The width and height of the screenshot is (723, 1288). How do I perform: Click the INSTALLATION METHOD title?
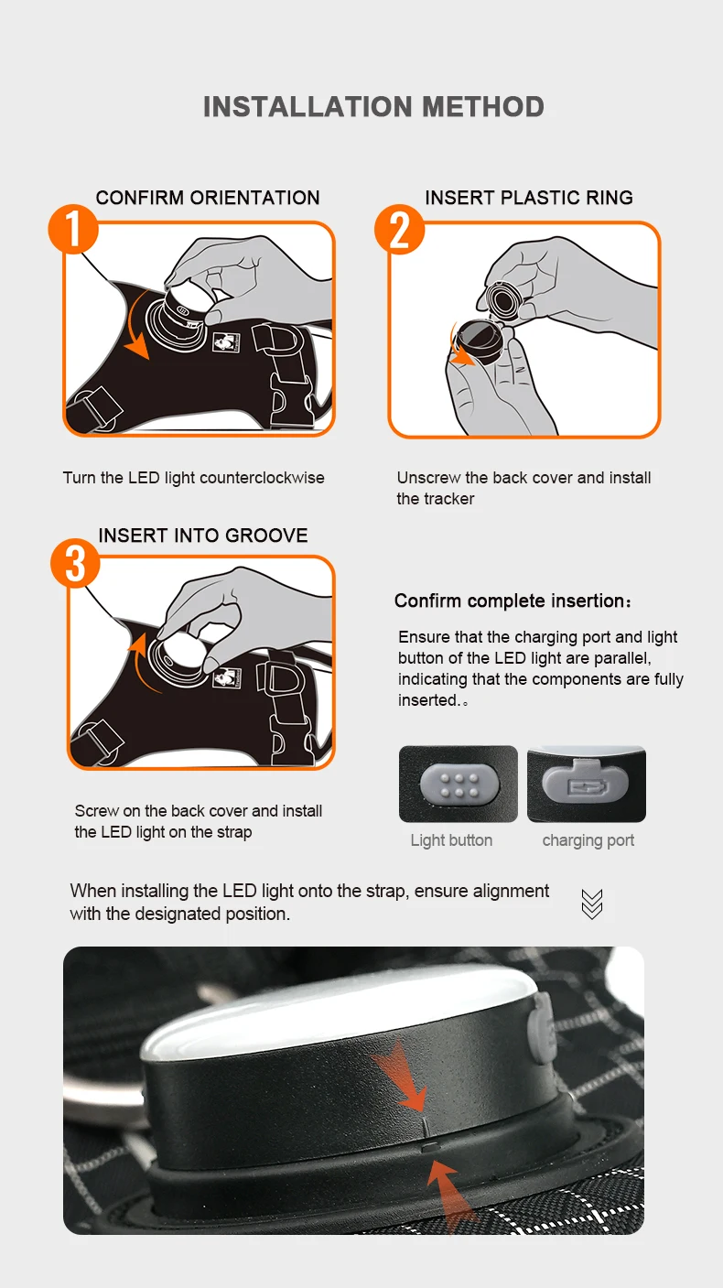coord(373,107)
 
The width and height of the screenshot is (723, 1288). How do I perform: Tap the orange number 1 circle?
coord(73,229)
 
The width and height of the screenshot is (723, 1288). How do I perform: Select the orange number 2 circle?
coord(399,229)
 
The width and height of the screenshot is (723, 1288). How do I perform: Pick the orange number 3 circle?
coord(75,563)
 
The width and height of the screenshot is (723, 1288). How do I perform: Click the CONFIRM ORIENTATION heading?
coord(208,198)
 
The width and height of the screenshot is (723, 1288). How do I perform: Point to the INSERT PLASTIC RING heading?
coord(529,198)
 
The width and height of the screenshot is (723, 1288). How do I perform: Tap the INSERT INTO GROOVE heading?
coord(203,536)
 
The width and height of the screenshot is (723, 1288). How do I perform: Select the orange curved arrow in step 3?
coord(138,661)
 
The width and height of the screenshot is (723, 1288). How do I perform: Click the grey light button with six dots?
coord(459,785)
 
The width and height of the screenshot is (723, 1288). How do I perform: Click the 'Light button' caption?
coord(451,840)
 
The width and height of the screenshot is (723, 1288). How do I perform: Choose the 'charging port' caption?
coord(588,840)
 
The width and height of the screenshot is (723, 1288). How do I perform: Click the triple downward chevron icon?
coord(592,904)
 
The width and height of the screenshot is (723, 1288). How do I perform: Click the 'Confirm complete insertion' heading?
coord(513,601)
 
